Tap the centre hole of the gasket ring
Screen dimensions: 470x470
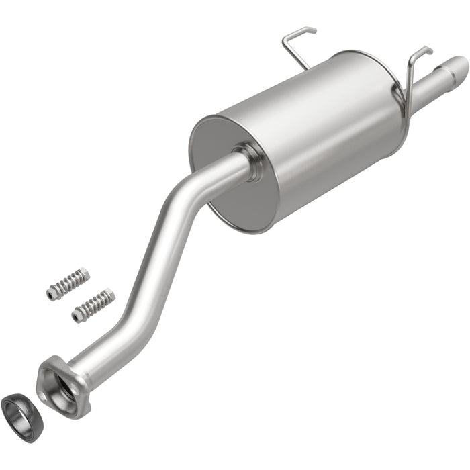[21, 410]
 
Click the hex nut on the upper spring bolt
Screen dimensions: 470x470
[51, 291]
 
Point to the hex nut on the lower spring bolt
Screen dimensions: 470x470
[77, 314]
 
